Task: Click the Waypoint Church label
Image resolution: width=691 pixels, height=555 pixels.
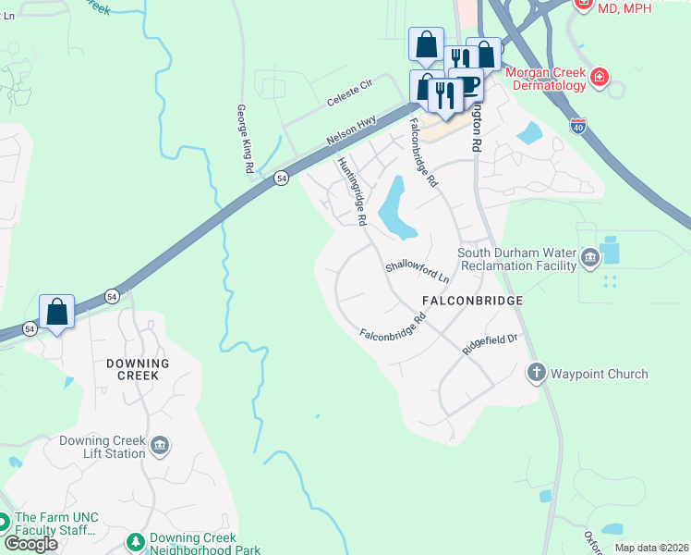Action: [600, 374]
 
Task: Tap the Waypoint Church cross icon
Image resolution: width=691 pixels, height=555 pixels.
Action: [536, 373]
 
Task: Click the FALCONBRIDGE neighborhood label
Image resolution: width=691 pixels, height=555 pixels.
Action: [472, 301]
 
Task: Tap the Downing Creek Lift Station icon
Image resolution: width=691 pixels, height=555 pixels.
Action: [160, 448]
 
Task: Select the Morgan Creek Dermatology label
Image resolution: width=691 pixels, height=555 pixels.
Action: [545, 79]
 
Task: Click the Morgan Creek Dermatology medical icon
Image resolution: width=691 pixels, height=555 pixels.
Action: [600, 76]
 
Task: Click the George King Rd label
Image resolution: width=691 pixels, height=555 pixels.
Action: [244, 140]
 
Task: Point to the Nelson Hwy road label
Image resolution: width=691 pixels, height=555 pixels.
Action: [351, 129]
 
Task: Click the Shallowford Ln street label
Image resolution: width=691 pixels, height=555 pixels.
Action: [417, 270]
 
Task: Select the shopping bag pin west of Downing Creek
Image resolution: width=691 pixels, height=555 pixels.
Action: [56, 313]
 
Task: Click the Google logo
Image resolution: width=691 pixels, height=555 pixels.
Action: [30, 543]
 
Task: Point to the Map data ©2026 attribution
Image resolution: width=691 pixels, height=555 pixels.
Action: [650, 548]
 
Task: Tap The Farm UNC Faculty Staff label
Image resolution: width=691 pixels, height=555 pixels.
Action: [56, 524]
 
